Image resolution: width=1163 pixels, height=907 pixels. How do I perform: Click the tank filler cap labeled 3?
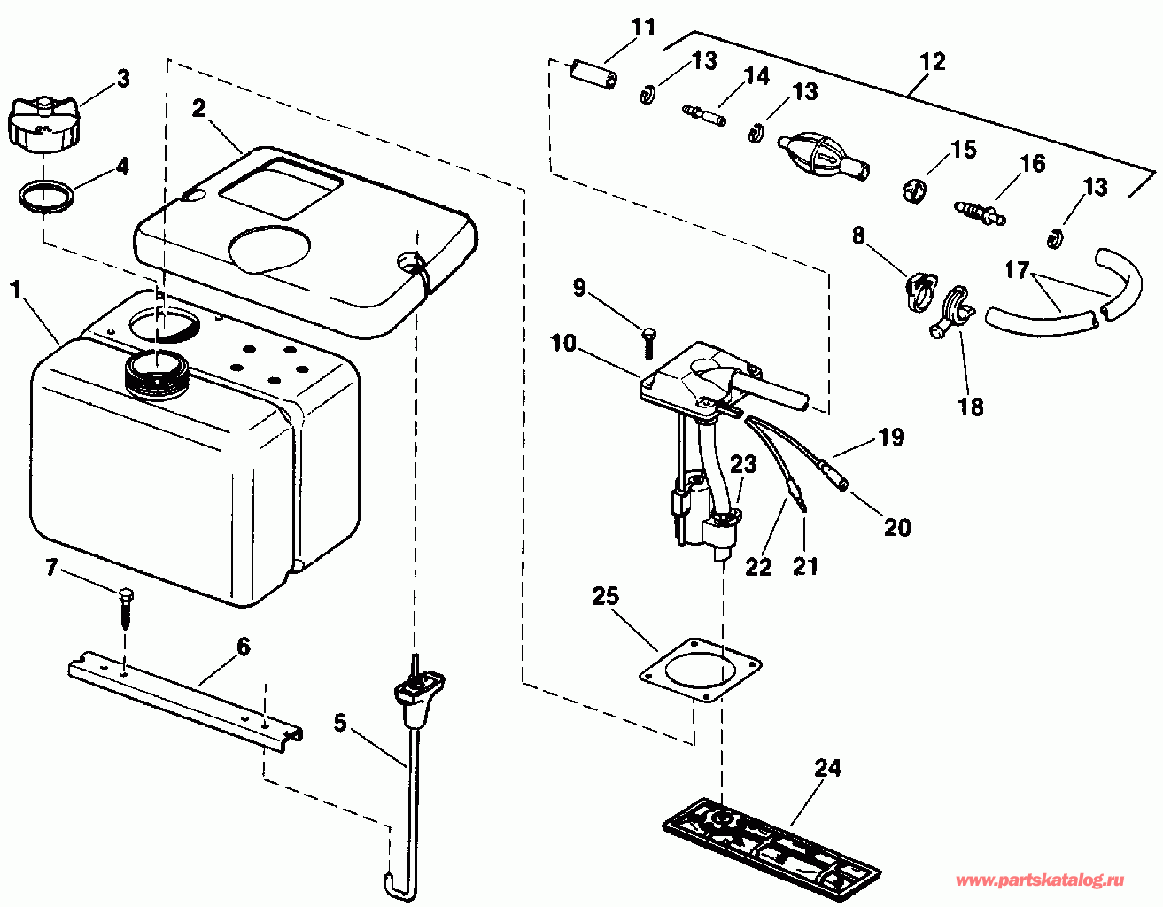coord(42,125)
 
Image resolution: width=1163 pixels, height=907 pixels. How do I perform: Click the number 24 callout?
coord(827,768)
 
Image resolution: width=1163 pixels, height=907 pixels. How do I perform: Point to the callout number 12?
coord(933,61)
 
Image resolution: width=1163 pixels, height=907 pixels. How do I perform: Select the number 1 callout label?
coord(14,290)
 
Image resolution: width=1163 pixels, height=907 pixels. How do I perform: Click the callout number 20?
coord(897,527)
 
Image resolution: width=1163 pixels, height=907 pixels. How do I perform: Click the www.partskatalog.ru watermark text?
coord(1040,880)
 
